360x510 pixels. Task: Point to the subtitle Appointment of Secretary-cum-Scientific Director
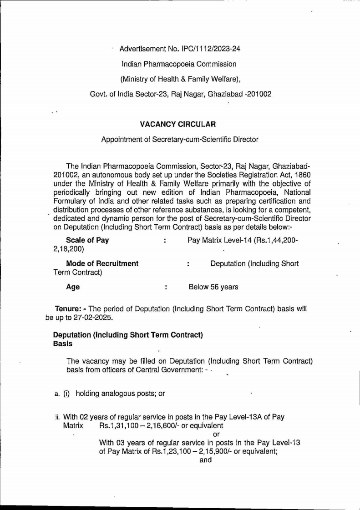coord(180,139)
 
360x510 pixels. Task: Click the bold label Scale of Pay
coord(87,240)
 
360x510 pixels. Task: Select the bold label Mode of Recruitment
coord(102,263)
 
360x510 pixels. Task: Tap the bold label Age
coord(73,287)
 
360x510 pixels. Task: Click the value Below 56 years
coord(213,287)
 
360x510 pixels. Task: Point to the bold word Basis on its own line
coord(63,344)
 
